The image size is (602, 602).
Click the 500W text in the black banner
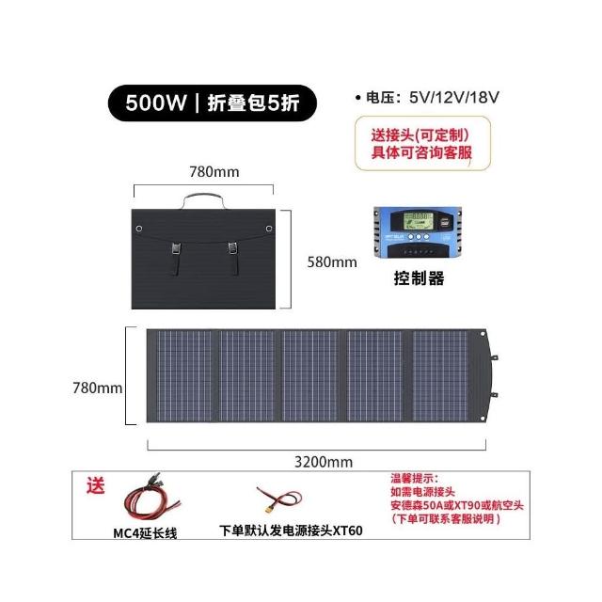coord(157,103)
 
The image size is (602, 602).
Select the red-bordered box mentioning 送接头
coord(420,143)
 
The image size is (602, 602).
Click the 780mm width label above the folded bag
coord(214,172)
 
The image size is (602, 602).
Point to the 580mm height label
coord(332,262)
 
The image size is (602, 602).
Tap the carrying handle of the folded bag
coord(206,199)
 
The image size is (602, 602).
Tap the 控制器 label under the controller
coord(419,279)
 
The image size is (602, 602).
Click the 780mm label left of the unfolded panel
coord(98,387)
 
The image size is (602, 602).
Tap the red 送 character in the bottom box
coord(95,486)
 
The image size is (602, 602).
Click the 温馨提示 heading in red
coord(415,478)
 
